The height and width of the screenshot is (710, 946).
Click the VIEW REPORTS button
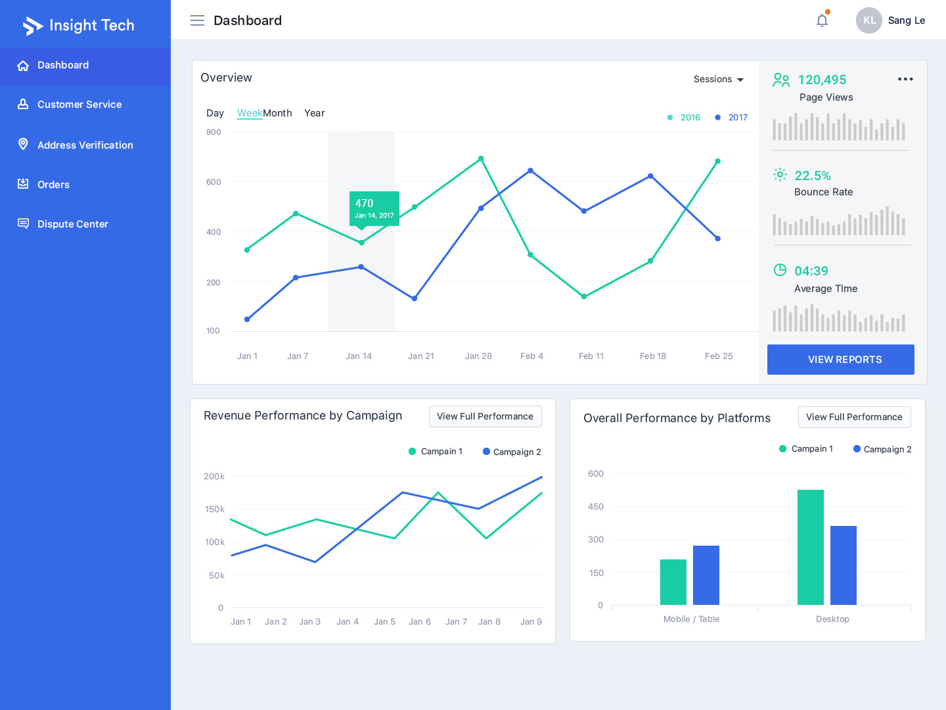[840, 360]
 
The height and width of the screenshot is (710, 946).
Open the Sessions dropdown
[718, 80]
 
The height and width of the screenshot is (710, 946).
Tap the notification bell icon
[822, 20]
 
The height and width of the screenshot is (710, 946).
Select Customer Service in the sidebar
[79, 105]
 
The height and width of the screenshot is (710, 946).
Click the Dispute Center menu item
[72, 224]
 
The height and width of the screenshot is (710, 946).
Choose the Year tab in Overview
[314, 113]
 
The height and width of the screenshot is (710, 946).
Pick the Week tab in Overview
[250, 113]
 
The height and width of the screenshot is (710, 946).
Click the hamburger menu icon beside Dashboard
[197, 20]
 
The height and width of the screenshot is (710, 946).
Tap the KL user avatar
[868, 20]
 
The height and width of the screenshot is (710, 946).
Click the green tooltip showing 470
[374, 208]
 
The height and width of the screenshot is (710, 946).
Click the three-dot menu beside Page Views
[905, 79]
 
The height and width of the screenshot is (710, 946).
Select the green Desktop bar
[810, 547]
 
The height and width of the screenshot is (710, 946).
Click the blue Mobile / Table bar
[706, 575]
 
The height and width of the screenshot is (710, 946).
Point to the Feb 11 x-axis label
[591, 356]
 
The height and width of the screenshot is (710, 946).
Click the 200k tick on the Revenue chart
[214, 477]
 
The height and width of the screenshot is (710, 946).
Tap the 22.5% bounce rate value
[813, 176]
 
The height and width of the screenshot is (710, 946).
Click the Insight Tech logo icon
[32, 26]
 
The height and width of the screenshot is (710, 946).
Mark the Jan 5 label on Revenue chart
[384, 622]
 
